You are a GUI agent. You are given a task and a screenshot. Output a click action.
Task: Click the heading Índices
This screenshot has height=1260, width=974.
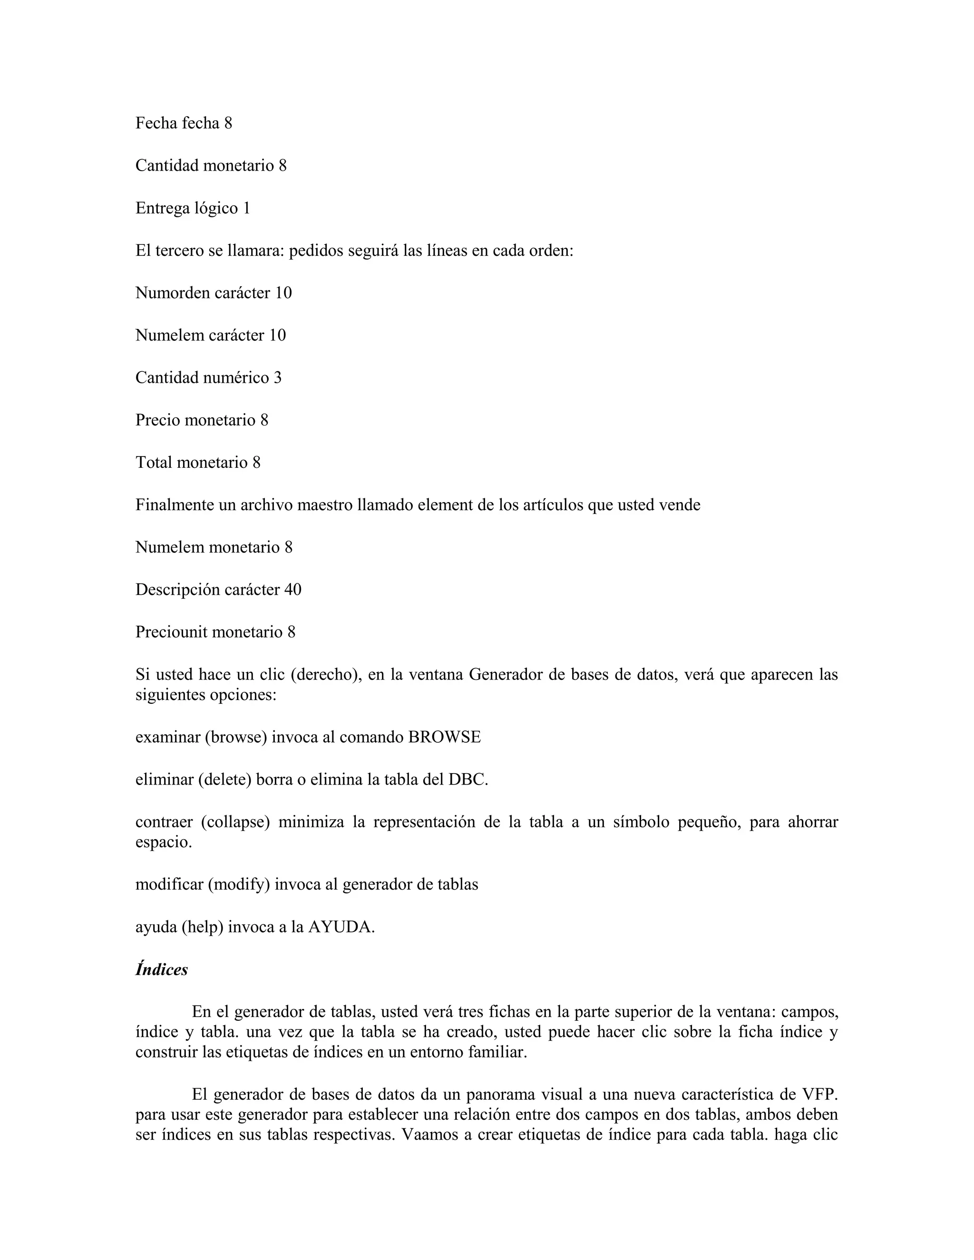click(x=162, y=970)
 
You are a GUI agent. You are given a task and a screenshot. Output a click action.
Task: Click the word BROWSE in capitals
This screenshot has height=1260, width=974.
click(x=444, y=737)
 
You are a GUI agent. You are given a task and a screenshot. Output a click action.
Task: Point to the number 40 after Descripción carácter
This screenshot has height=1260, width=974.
click(x=292, y=590)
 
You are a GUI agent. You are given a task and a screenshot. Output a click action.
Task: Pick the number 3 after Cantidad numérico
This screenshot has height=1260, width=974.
click(x=278, y=378)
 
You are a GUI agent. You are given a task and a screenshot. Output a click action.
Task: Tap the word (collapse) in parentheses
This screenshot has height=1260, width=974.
click(x=235, y=822)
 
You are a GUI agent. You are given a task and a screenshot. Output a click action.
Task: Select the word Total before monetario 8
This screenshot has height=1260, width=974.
click(x=154, y=463)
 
